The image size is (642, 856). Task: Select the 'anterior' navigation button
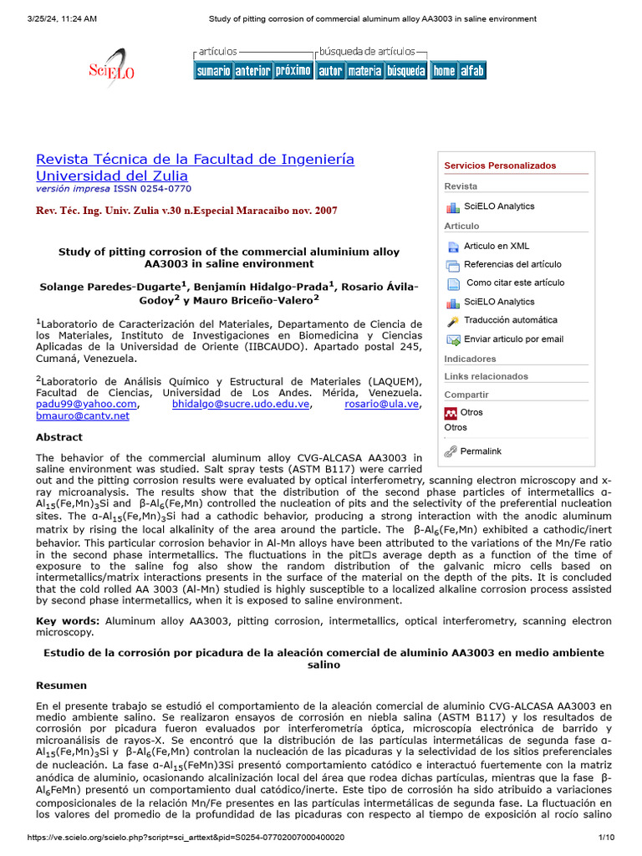(x=252, y=71)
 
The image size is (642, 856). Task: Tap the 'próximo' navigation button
(x=293, y=71)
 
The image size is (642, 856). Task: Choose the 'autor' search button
(x=330, y=71)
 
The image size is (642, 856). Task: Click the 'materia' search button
(x=364, y=71)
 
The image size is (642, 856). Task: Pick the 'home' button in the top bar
(x=444, y=71)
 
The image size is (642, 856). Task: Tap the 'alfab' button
(x=472, y=71)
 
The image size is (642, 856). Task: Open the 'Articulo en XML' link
(x=497, y=246)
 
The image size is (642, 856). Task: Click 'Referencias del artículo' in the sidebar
(x=512, y=264)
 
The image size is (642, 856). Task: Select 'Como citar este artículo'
(x=515, y=283)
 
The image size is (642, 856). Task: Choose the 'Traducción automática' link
(x=510, y=320)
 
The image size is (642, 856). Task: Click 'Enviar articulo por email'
(x=513, y=339)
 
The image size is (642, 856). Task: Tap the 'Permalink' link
(x=481, y=451)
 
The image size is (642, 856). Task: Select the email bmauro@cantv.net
(x=83, y=415)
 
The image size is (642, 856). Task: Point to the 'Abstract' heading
(x=59, y=437)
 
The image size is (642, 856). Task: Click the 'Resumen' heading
(x=61, y=685)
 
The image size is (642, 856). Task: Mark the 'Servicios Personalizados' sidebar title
(x=500, y=166)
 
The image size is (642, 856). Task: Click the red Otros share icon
(x=451, y=413)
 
